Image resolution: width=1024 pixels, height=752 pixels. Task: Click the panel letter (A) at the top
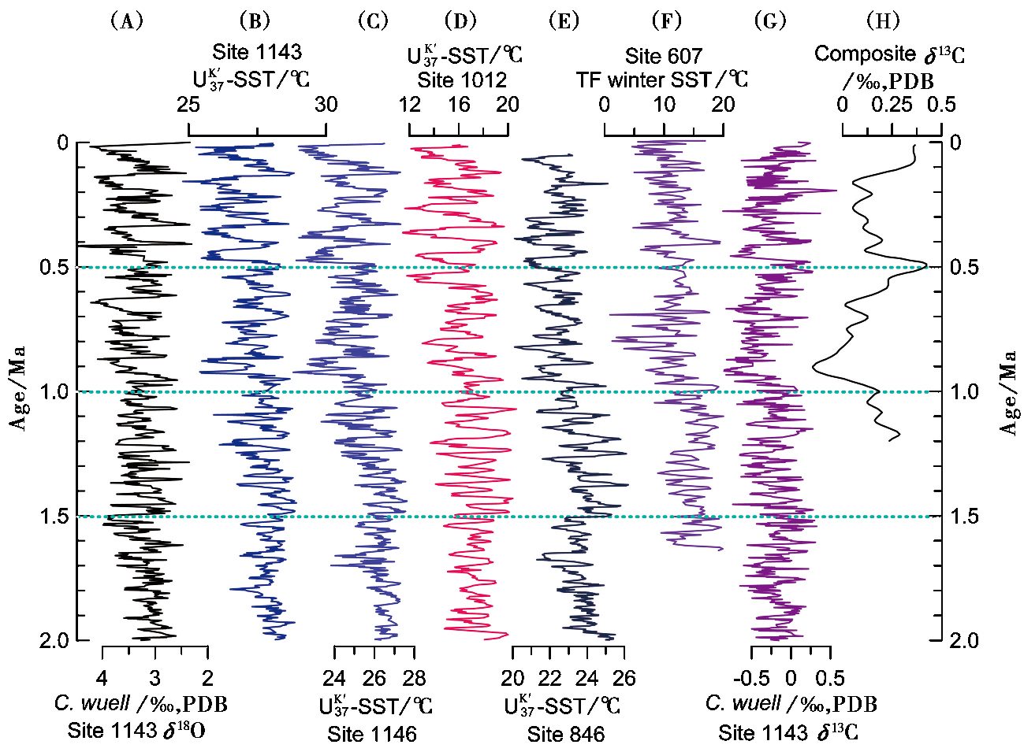click(x=126, y=20)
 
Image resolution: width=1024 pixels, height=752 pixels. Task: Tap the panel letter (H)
click(x=882, y=20)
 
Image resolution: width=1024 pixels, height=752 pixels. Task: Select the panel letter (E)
click(x=563, y=20)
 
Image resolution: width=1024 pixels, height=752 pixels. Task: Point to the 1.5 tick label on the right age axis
click(x=963, y=517)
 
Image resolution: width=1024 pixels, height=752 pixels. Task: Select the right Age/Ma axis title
click(x=1009, y=392)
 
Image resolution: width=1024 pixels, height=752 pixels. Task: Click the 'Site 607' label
click(x=663, y=56)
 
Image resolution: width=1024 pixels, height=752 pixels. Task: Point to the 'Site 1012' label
click(x=462, y=80)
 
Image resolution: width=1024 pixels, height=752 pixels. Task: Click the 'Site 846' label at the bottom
click(x=565, y=734)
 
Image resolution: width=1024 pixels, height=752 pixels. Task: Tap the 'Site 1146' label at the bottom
click(x=372, y=734)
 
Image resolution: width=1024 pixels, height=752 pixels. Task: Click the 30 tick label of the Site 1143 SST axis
click(x=326, y=104)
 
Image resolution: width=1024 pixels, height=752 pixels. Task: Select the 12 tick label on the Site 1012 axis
click(x=409, y=104)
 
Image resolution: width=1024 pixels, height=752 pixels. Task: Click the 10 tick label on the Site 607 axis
click(x=664, y=104)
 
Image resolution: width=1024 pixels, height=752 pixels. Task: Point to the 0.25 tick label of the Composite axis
click(x=892, y=104)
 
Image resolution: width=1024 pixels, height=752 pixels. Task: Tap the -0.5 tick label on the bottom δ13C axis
click(x=750, y=678)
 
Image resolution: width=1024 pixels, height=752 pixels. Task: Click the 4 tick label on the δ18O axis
click(x=102, y=678)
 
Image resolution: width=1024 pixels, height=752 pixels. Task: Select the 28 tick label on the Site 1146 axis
click(x=415, y=678)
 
